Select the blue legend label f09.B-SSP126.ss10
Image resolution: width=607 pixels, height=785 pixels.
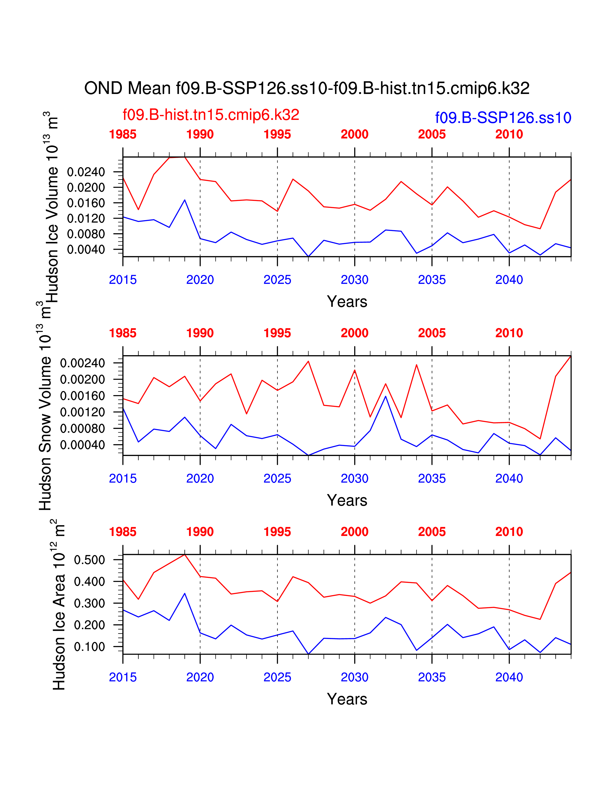pos(503,118)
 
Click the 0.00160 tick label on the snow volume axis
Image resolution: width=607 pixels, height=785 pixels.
pos(82,396)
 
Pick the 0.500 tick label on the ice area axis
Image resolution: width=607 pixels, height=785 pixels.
pos(89,560)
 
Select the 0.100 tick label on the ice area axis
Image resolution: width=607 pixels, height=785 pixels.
pos(89,647)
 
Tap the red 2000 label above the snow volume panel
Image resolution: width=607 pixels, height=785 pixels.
pos(355,333)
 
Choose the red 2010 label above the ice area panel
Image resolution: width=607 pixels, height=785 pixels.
pos(509,532)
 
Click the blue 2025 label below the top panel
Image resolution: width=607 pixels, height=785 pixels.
pos(277,280)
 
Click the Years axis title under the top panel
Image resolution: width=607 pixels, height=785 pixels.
pos(347,302)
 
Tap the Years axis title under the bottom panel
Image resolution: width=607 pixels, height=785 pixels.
pos(347,699)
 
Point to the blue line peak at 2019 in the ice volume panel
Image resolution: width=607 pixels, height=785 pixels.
pos(185,200)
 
